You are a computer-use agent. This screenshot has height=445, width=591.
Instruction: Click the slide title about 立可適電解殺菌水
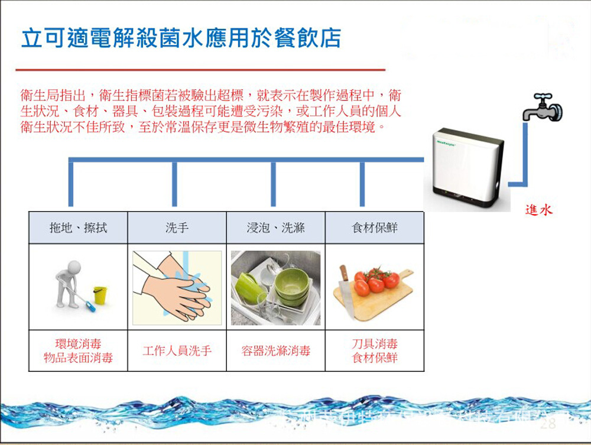pyautogui.click(x=181, y=38)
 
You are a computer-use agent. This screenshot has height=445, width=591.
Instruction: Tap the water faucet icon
pyautogui.click(x=542, y=108)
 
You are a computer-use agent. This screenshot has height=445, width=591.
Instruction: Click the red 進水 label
pyautogui.click(x=538, y=210)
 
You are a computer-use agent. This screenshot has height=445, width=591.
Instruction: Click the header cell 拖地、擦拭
pyautogui.click(x=79, y=228)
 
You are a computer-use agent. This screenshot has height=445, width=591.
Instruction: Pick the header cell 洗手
pyautogui.click(x=177, y=228)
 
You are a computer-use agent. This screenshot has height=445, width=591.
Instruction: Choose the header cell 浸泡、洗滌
pyautogui.click(x=275, y=228)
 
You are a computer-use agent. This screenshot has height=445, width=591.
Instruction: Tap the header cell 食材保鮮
pyautogui.click(x=375, y=228)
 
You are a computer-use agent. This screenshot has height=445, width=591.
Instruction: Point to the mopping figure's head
pyautogui.click(x=73, y=267)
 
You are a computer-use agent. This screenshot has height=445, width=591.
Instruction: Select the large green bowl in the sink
pyautogui.click(x=292, y=282)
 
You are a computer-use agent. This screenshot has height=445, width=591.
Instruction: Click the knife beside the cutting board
pyautogui.click(x=345, y=290)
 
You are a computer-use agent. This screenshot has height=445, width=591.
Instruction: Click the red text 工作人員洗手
pyautogui.click(x=177, y=351)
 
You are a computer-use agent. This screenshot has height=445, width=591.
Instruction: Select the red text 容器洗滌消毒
pyautogui.click(x=275, y=351)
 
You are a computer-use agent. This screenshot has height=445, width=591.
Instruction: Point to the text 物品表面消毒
pyautogui.click(x=78, y=358)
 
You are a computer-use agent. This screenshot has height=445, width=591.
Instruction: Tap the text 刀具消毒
pyautogui.click(x=375, y=344)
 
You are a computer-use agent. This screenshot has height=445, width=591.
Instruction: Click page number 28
pyautogui.click(x=548, y=424)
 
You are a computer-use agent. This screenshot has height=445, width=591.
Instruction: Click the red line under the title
pyautogui.click(x=201, y=70)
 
